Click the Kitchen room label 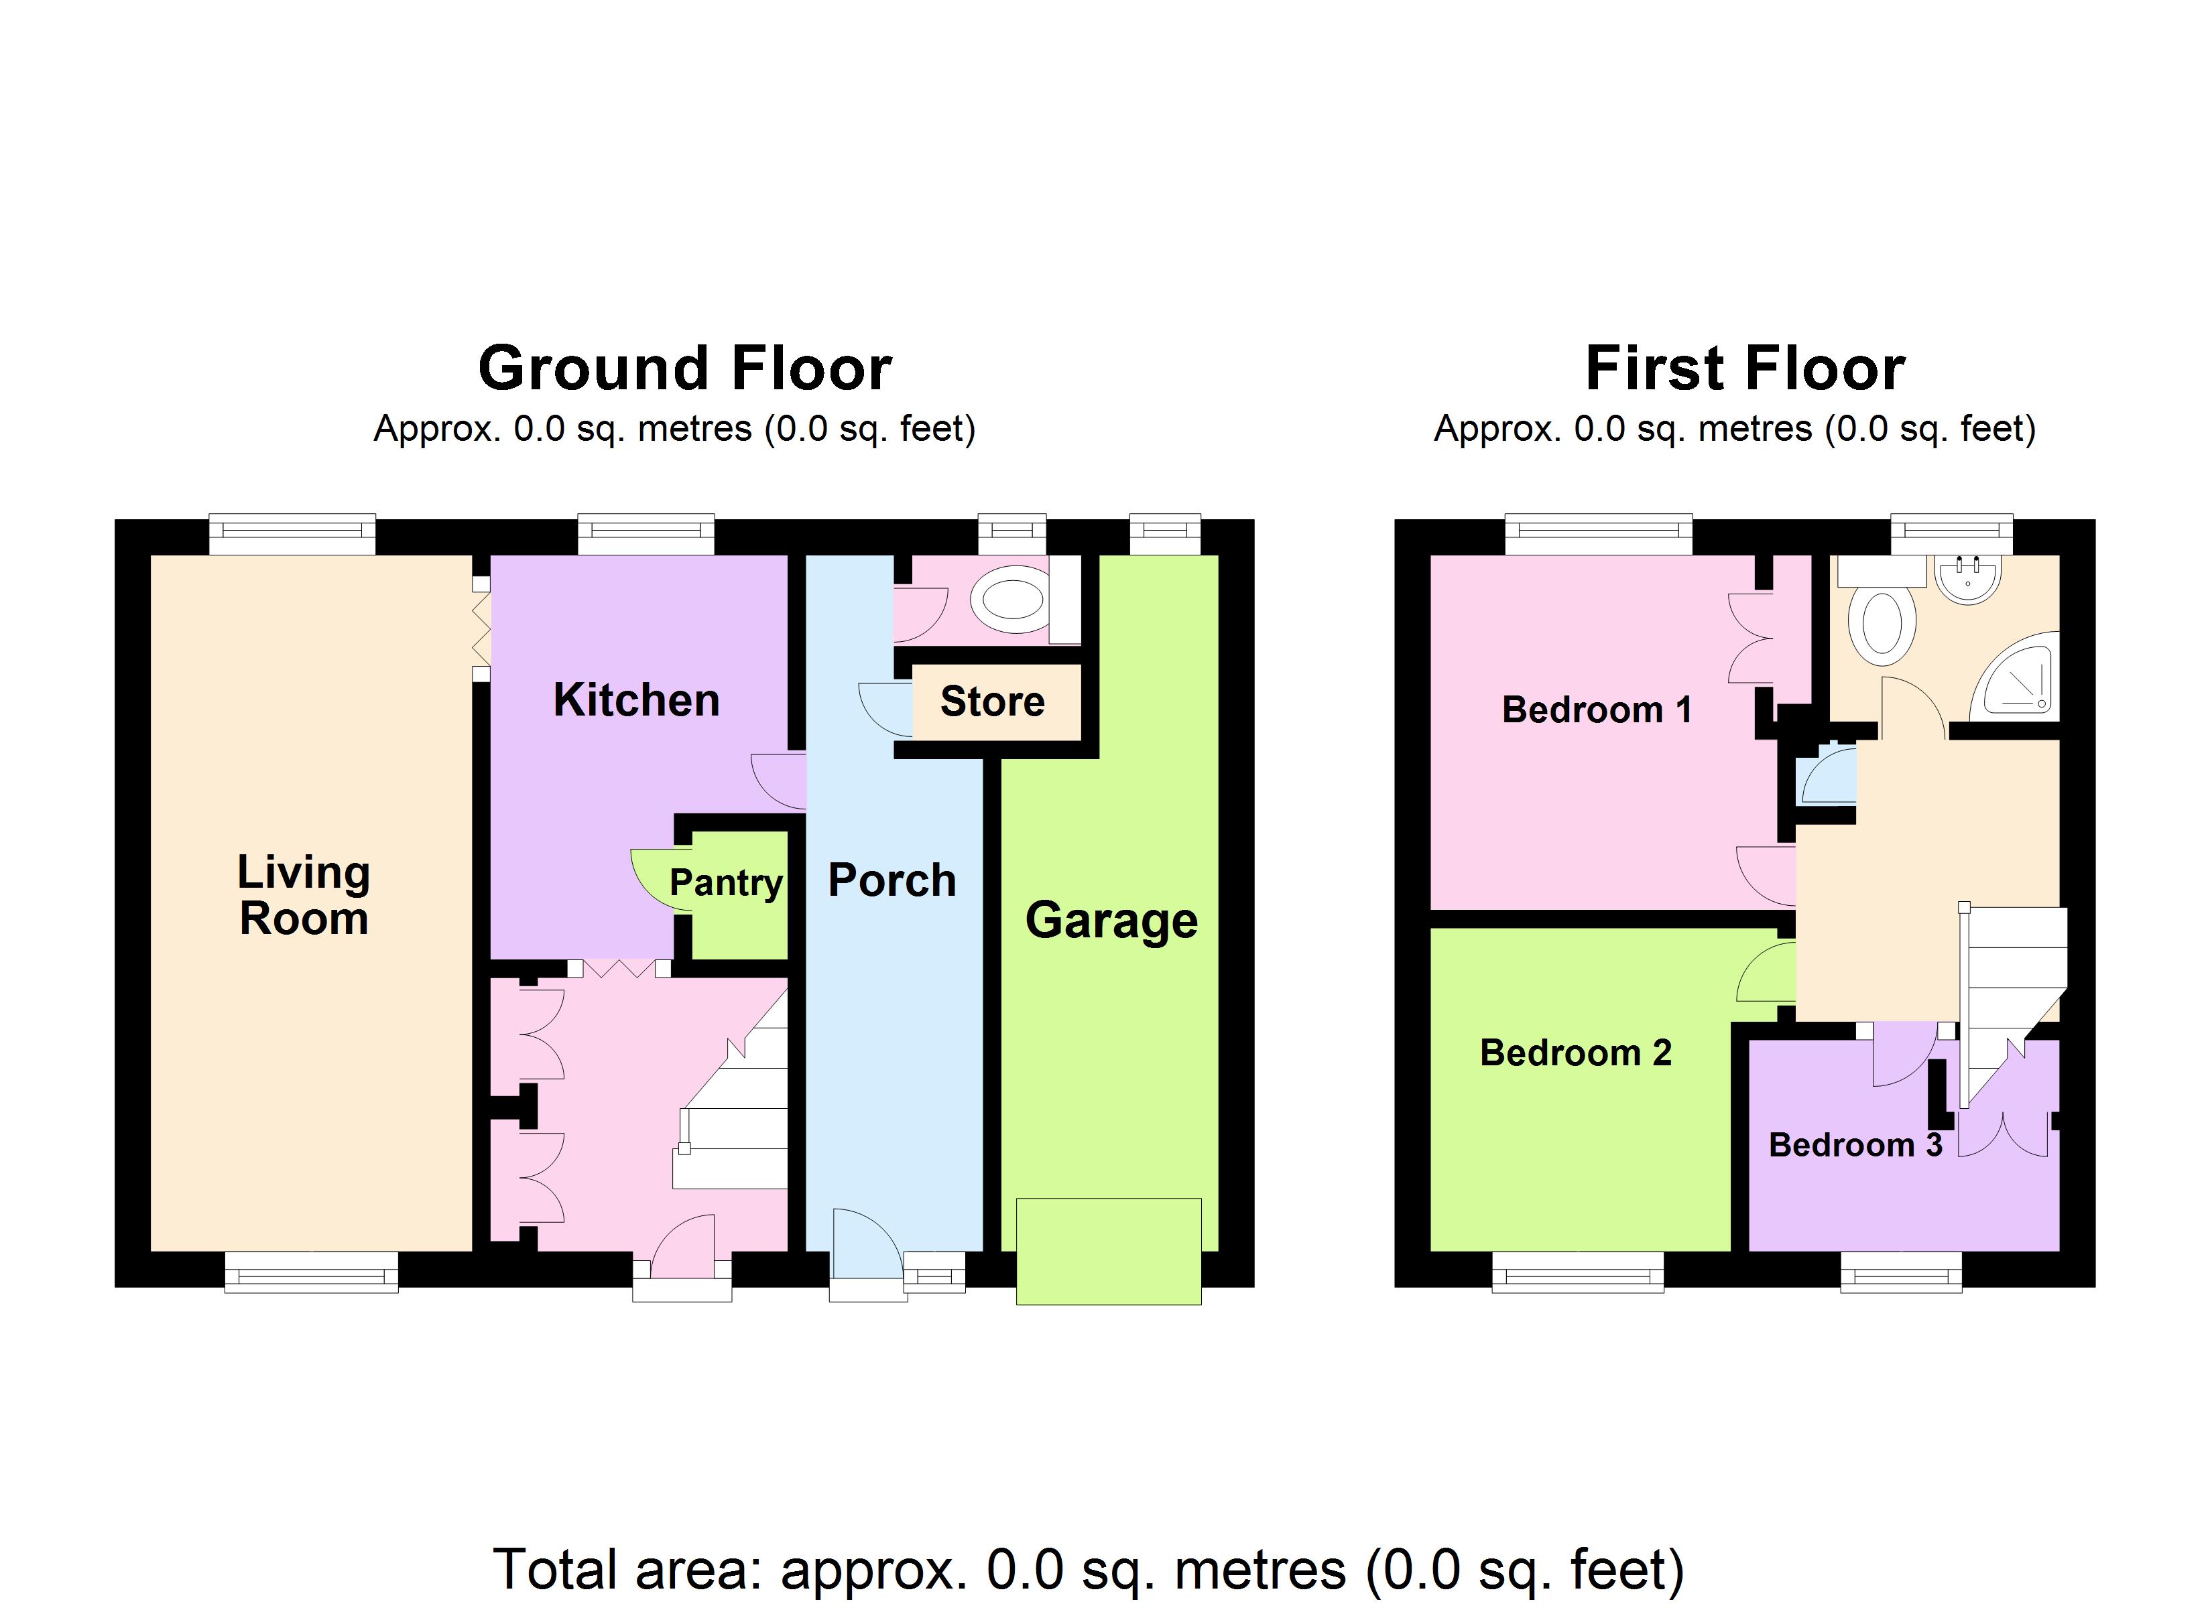pyautogui.click(x=636, y=701)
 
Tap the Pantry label pyautogui.click(x=726, y=882)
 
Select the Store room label pyautogui.click(x=992, y=701)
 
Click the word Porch pyautogui.click(x=892, y=880)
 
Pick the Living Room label pyautogui.click(x=304, y=895)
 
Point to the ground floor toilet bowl pyautogui.click(x=1012, y=599)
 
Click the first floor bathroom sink pyautogui.click(x=1968, y=578)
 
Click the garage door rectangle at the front pyautogui.click(x=1108, y=1251)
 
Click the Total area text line pyautogui.click(x=1087, y=1570)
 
